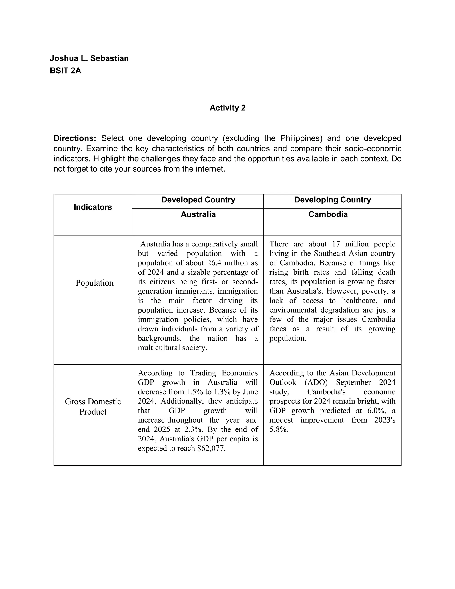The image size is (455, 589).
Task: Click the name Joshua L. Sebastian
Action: point(89,58)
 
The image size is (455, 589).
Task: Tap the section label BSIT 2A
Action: point(66,71)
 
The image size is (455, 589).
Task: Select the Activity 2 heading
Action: point(227,108)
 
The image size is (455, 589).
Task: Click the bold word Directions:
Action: point(75,138)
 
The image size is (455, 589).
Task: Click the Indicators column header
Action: point(93,207)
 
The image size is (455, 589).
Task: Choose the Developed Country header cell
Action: point(198,200)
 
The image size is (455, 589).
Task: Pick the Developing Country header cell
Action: point(332,200)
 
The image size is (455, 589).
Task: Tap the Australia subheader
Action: point(198,214)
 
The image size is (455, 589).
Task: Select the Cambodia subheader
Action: point(328,214)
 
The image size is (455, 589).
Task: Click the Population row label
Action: point(94,283)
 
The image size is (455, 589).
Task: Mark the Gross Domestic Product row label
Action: point(93,407)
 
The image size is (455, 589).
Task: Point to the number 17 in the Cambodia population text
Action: point(336,244)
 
